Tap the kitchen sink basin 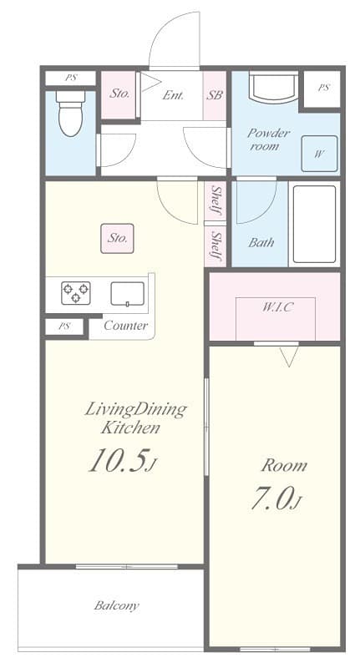pyautogui.click(x=127, y=294)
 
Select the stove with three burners pyautogui.click(x=75, y=293)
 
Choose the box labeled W pyautogui.click(x=319, y=154)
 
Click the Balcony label pyautogui.click(x=116, y=605)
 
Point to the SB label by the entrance pyautogui.click(x=215, y=95)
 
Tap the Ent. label pyautogui.click(x=173, y=95)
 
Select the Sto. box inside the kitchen pyautogui.click(x=118, y=238)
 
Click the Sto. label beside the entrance pyautogui.click(x=119, y=94)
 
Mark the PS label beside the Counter pyautogui.click(x=64, y=326)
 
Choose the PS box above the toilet pyautogui.click(x=70, y=78)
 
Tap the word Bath pyautogui.click(x=261, y=243)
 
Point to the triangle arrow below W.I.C pyautogui.click(x=289, y=357)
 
